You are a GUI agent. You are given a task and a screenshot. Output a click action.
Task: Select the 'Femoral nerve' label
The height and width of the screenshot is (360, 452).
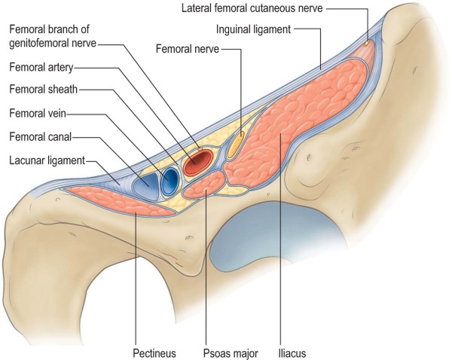(x=187, y=50)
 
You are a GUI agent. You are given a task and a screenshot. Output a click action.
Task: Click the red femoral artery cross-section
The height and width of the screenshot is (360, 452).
(x=200, y=161)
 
